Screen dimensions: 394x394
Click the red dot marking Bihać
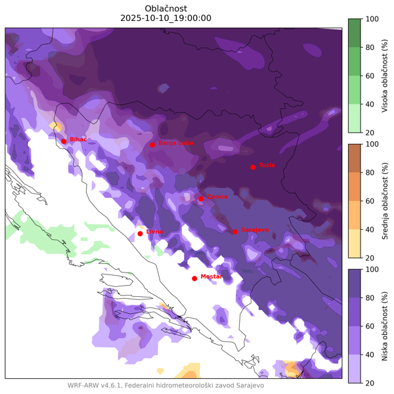click(64, 141)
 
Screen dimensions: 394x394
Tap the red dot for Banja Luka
click(152, 144)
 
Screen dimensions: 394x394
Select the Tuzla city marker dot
click(253, 167)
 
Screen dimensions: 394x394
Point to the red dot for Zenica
click(201, 198)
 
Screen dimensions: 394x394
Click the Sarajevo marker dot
click(235, 231)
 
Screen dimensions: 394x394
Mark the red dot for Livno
click(140, 233)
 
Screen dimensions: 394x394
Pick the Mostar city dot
click(194, 278)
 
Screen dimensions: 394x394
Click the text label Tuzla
click(267, 165)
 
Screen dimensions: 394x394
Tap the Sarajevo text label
click(255, 230)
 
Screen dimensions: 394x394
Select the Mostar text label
click(211, 276)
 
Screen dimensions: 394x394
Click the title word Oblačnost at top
click(166, 8)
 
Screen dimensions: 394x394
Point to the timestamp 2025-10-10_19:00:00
click(166, 18)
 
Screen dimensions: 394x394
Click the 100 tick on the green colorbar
click(372, 19)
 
